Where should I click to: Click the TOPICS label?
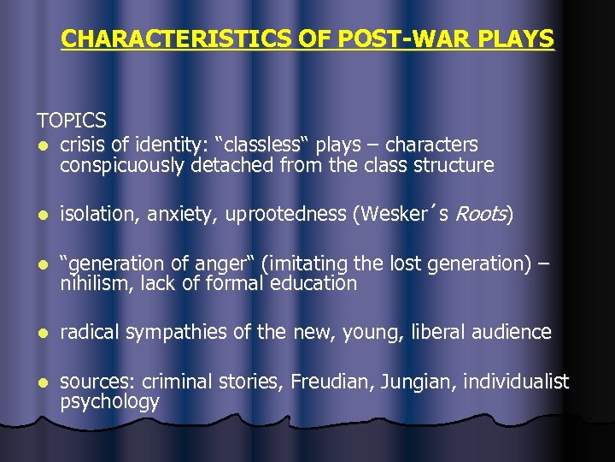pyautogui.click(x=71, y=121)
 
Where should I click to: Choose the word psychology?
pyautogui.click(x=109, y=402)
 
